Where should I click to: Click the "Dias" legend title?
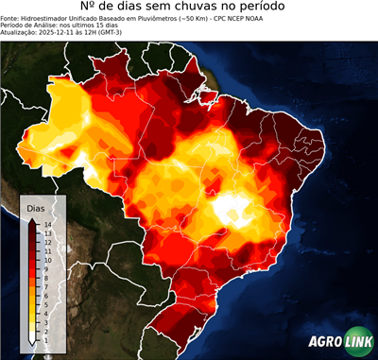click(x=36, y=207)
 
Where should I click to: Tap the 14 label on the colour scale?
click(x=46, y=224)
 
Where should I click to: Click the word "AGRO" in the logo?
click(x=324, y=342)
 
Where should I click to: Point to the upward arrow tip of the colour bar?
click(x=33, y=219)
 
